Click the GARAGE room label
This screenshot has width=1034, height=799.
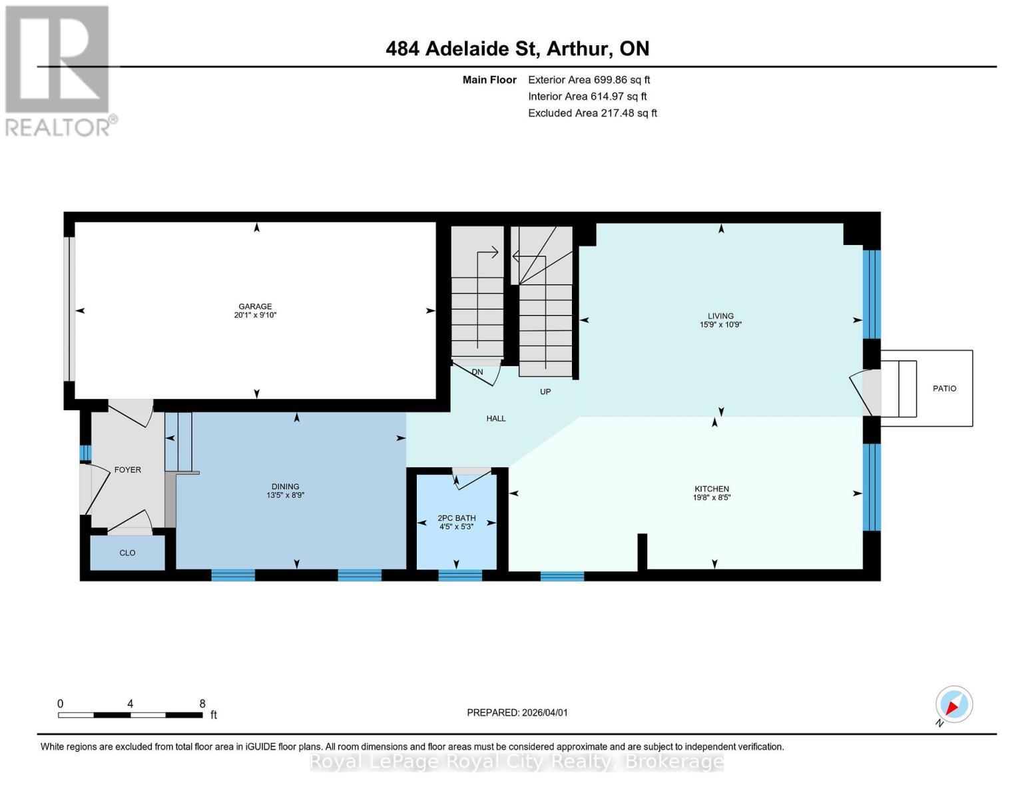tap(255, 307)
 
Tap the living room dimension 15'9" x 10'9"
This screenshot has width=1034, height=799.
tap(720, 325)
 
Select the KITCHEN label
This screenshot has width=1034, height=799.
tap(712, 489)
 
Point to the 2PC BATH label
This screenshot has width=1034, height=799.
tap(457, 518)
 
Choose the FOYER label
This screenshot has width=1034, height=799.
tap(128, 470)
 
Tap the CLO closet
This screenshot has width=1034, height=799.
tap(127, 553)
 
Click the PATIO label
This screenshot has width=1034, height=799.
tap(944, 389)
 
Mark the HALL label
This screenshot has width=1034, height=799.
tap(496, 419)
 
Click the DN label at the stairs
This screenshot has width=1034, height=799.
tap(477, 372)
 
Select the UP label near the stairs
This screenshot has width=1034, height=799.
tap(545, 392)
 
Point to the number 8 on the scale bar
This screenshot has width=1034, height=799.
tap(202, 704)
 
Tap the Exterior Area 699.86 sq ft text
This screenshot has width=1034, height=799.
tap(589, 80)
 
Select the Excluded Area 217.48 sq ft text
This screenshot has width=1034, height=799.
tap(593, 113)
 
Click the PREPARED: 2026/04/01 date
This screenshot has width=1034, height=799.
tap(517, 712)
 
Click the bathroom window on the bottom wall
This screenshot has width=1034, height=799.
tap(460, 575)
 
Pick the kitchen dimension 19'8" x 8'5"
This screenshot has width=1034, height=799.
tap(712, 497)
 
